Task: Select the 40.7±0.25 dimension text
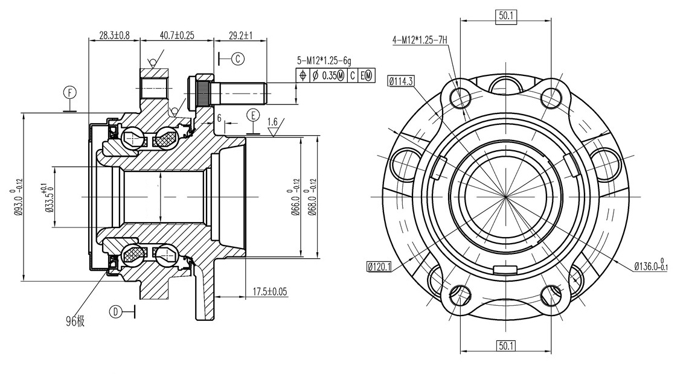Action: coord(177,35)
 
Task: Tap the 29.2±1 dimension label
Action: coord(241,35)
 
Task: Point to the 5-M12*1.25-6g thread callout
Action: coord(324,61)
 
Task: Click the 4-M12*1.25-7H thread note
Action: coord(420,41)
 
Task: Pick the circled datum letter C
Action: coord(238,59)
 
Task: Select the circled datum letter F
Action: coord(70,93)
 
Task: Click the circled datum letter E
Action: coord(253,115)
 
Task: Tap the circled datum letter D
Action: coord(115,312)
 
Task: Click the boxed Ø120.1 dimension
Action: coord(379,267)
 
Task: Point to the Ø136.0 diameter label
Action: coord(651,265)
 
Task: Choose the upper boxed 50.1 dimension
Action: coord(506,16)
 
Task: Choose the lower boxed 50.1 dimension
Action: coord(506,346)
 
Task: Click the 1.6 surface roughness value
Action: coord(272,121)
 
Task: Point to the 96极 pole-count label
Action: coord(75,322)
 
